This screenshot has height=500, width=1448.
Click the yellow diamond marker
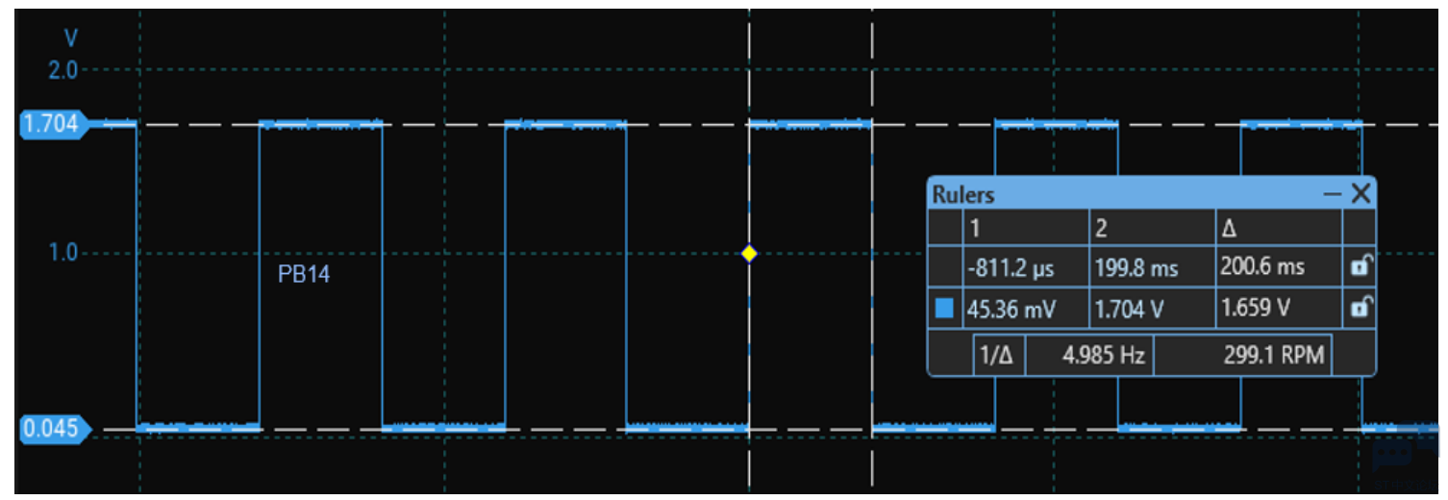click(749, 254)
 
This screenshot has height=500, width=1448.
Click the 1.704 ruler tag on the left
click(53, 123)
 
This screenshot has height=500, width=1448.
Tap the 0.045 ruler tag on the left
click(54, 428)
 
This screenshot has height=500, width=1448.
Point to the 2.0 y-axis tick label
click(62, 70)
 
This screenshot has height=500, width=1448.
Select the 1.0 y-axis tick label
click(62, 252)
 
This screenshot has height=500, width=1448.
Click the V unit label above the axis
click(71, 38)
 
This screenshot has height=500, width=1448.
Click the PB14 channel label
click(303, 274)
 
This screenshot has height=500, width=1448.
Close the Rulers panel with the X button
click(1361, 192)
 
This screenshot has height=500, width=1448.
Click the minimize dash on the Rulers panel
click(1333, 193)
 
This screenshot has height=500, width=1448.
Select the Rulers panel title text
click(963, 194)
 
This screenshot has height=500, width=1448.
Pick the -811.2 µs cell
click(1011, 267)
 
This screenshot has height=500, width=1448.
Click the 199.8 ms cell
click(1136, 267)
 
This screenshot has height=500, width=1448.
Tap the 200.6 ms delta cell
click(1262, 266)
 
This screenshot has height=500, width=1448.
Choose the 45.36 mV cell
click(1011, 310)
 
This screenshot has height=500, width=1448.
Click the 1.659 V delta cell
click(1256, 308)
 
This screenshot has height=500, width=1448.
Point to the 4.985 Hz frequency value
click(1104, 355)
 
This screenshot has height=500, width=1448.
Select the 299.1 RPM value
click(1274, 355)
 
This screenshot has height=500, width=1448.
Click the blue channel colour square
click(944, 308)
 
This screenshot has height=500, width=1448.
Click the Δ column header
click(1229, 228)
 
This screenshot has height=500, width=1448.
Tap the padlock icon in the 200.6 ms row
click(1361, 265)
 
